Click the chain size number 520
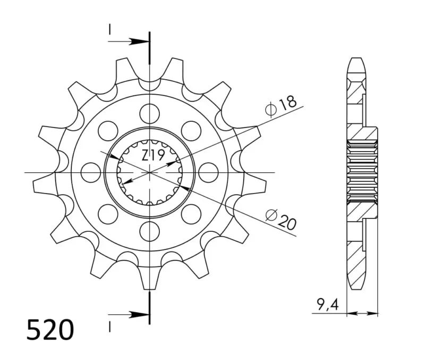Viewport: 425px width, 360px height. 50,330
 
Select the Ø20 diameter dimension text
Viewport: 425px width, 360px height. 281,219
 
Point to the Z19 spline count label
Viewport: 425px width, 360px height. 153,156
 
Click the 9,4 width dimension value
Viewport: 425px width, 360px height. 328,304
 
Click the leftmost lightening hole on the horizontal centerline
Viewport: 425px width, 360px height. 91,172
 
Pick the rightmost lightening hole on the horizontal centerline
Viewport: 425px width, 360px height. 208,172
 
